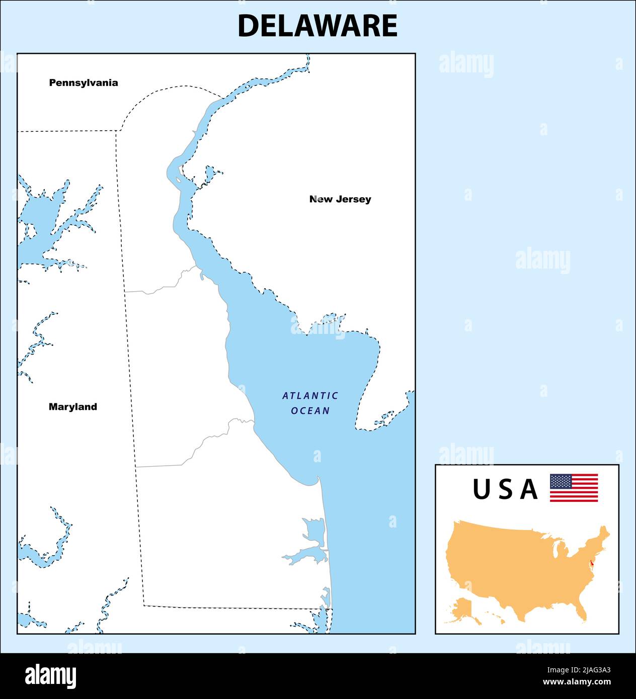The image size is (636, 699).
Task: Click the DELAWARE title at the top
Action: point(317,26)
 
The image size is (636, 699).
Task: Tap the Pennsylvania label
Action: point(84,83)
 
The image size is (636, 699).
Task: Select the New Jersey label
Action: point(340,199)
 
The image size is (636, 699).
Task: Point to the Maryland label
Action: point(73,407)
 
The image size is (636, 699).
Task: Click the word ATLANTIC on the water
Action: point(310,396)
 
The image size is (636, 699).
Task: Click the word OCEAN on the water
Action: point(310,411)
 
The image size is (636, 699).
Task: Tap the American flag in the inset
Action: point(574,488)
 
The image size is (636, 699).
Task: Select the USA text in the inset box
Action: point(505,489)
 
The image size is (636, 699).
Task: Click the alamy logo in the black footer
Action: point(51,676)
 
